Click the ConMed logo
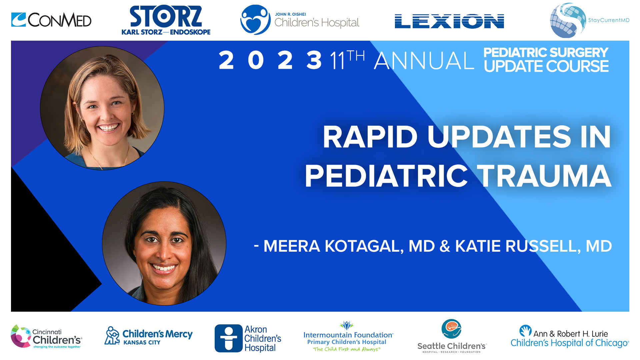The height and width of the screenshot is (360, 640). coord(51,20)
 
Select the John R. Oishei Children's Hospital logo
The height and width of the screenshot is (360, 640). coord(299,20)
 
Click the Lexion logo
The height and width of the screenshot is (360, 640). coord(449,21)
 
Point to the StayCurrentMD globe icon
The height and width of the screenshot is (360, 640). coord(567,20)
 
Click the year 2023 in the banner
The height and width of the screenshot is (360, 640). coord(270,60)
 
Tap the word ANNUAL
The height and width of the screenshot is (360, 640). coord(424,61)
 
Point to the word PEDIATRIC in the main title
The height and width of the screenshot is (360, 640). coord(387,176)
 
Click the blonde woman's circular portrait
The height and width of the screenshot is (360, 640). coord(102,108)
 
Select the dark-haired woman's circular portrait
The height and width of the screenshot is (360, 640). coord(164,243)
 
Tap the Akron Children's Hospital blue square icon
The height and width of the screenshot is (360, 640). coord(228,338)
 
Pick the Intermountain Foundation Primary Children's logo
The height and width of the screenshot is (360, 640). coord(348,337)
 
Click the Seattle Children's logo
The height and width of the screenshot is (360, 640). coord(452,336)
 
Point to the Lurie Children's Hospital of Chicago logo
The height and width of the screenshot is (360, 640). coord(569,337)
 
